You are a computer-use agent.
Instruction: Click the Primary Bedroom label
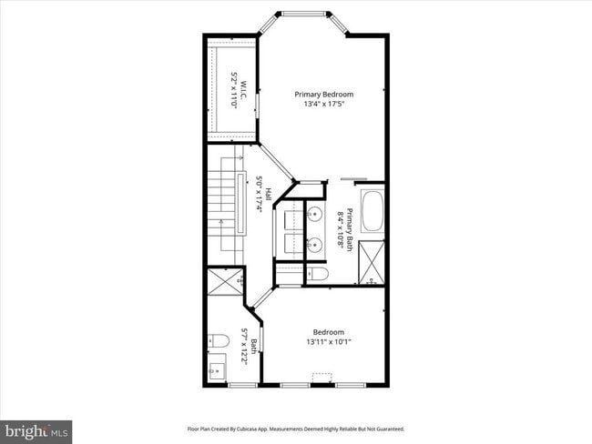click(x=323, y=94)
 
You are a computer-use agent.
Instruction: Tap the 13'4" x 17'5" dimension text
click(x=323, y=104)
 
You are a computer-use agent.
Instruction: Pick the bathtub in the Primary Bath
click(x=373, y=211)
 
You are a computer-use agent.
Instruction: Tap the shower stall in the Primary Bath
click(x=373, y=263)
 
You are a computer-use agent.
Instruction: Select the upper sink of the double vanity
click(x=314, y=215)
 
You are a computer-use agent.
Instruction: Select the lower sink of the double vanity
click(x=314, y=244)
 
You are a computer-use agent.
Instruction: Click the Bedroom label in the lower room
click(x=328, y=332)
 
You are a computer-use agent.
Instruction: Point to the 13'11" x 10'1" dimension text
click(x=328, y=342)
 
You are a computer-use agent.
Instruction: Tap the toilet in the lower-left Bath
click(x=218, y=341)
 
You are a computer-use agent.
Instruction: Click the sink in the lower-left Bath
click(x=216, y=369)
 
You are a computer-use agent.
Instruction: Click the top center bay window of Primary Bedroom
click(x=303, y=14)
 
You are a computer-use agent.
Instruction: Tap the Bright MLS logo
click(x=36, y=429)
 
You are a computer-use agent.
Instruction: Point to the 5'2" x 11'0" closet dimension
click(x=234, y=89)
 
